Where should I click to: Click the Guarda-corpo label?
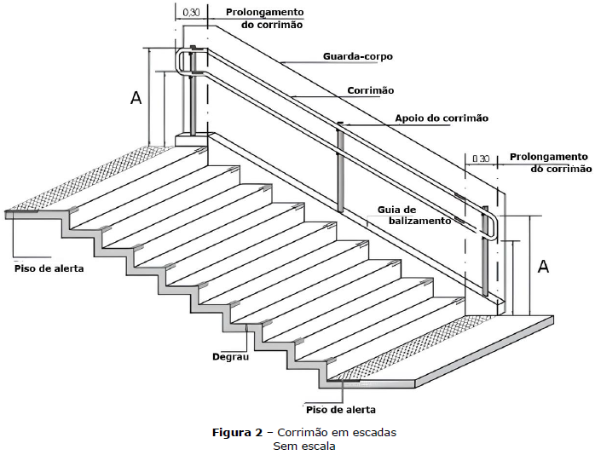[x=358, y=56]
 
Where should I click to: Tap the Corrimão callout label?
[x=370, y=90]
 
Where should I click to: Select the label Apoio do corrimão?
[x=442, y=118]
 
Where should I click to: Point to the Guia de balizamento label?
[x=414, y=215]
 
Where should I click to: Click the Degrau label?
[x=230, y=357]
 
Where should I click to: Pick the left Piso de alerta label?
[x=49, y=268]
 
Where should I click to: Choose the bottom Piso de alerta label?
[x=341, y=410]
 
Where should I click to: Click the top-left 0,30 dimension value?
[x=191, y=13]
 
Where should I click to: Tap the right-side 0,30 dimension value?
[x=481, y=158]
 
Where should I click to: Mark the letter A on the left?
[x=136, y=97]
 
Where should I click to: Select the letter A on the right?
[x=543, y=267]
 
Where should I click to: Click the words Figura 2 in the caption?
[x=237, y=432]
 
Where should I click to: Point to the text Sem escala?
[x=304, y=446]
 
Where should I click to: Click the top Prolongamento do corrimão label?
[x=265, y=18]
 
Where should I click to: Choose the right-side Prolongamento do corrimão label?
[x=551, y=163]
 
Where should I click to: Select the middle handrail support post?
[x=340, y=167]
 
